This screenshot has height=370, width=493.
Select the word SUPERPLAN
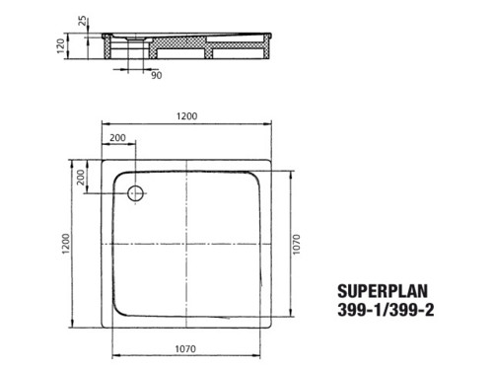pos(383,291)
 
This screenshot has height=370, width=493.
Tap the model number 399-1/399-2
pos(386,310)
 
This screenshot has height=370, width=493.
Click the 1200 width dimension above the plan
pos(186,116)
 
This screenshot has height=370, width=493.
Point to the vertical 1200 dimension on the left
pos(66,244)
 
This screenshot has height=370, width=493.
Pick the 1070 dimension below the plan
pos(185,348)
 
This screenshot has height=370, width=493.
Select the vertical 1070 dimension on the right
pos(296,245)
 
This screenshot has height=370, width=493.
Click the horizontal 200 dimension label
pos(117,137)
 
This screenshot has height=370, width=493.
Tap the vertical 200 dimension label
pos(81,178)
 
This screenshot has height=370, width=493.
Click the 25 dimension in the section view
pos(84,21)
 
